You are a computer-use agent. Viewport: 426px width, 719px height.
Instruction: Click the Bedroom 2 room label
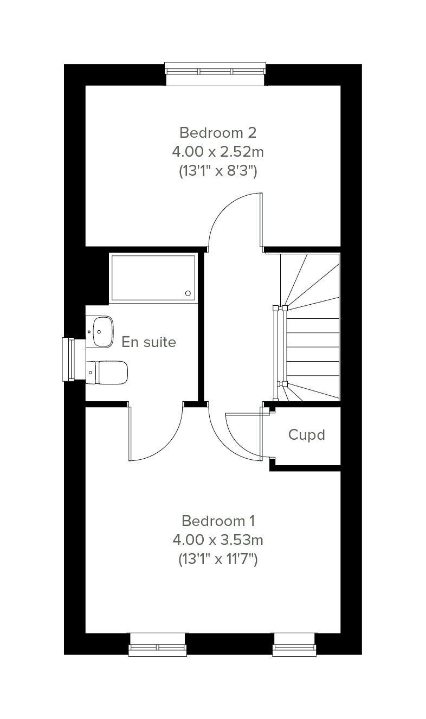[218, 133]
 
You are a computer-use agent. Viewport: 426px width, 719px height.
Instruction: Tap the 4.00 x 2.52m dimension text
[218, 152]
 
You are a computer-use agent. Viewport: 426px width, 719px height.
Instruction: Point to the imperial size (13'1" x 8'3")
[218, 171]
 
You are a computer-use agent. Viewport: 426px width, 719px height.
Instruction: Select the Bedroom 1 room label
[218, 521]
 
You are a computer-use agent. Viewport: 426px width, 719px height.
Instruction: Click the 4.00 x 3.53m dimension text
[218, 540]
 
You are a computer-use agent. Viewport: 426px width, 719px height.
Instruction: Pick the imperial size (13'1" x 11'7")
[218, 559]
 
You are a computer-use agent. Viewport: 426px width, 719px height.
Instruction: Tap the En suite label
[149, 342]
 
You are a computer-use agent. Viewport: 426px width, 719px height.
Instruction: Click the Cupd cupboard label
[307, 435]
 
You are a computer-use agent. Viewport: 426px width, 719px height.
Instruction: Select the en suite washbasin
[100, 331]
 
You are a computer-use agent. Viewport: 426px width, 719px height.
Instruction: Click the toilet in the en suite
[107, 373]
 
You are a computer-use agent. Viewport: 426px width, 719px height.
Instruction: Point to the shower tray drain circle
[188, 293]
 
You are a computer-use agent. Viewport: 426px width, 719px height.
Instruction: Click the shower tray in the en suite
[153, 278]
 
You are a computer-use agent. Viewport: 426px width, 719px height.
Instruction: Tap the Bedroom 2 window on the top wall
[215, 74]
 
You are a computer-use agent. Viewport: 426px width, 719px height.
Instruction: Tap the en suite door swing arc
[167, 444]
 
